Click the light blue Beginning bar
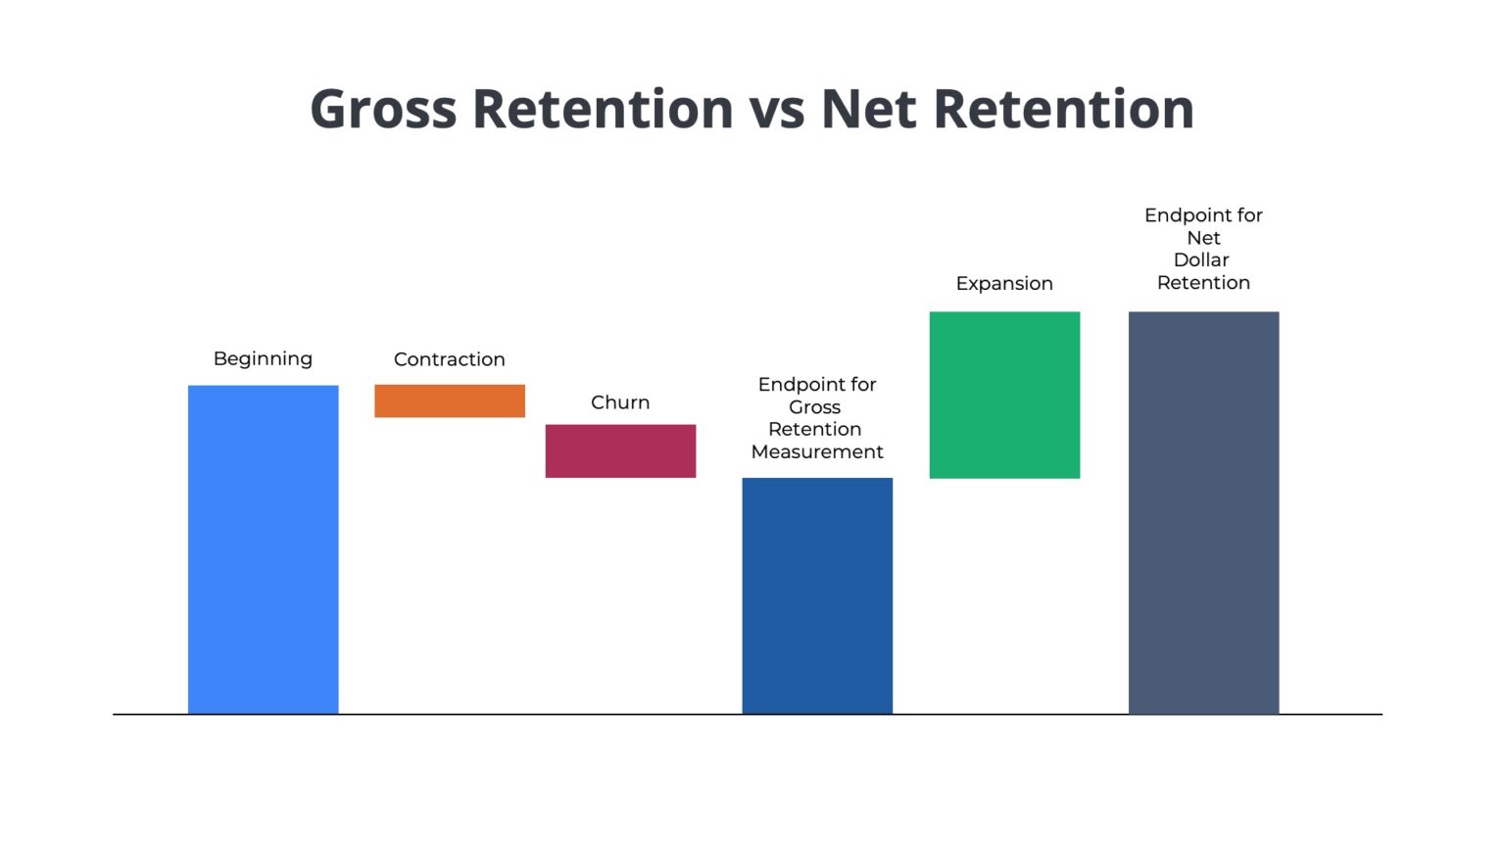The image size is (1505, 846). [263, 548]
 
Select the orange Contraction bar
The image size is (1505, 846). [449, 400]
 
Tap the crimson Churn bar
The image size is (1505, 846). [620, 450]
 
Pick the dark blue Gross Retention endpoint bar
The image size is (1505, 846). [817, 595]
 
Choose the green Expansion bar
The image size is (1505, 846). [1004, 395]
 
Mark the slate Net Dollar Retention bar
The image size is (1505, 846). [1203, 512]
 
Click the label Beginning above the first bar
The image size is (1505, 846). [263, 359]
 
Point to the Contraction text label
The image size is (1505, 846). [449, 359]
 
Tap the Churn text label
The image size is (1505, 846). [620, 402]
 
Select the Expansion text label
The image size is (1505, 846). [1004, 283]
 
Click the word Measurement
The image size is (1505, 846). [817, 451]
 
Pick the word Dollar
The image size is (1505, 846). [1201, 259]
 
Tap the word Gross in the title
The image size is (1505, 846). [383, 110]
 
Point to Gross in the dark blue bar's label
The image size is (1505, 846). [814, 407]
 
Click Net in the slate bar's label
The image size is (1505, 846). [1203, 238]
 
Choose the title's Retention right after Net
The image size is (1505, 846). [1064, 110]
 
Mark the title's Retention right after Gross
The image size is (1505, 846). [603, 110]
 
